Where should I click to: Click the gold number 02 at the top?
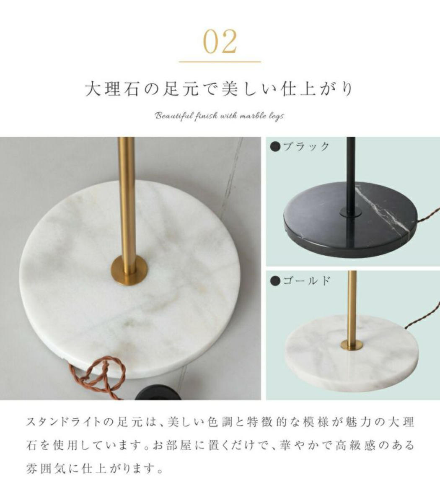[x=220, y=41]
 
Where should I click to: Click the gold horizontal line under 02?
[x=220, y=62]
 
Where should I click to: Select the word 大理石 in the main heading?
[x=112, y=89]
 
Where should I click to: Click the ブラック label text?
[x=306, y=147]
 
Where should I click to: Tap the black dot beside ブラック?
[x=275, y=147]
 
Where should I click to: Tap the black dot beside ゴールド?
[x=275, y=281]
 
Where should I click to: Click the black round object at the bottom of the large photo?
[x=158, y=393]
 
